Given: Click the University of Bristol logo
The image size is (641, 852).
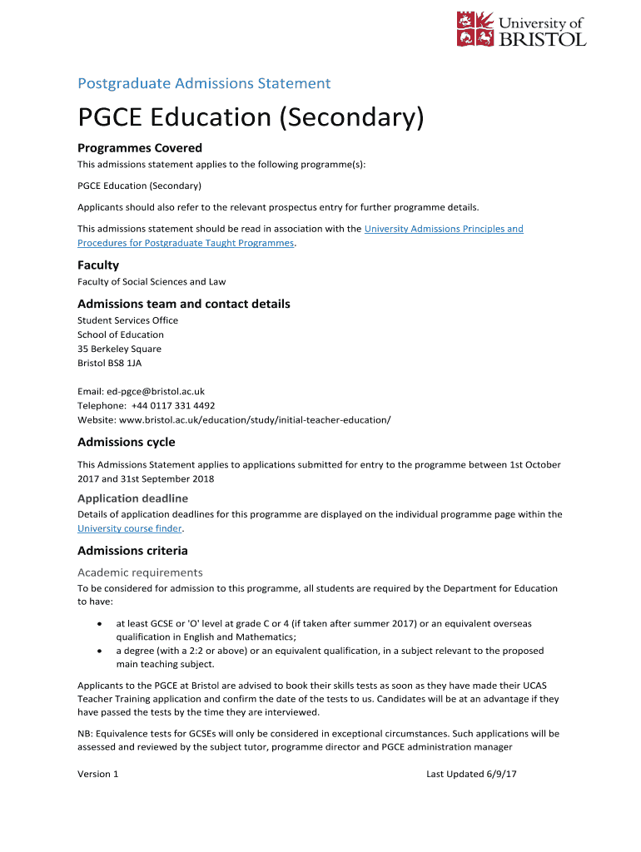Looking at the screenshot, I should coord(521,29).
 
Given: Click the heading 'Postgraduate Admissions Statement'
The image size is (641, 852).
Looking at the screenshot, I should coord(204,83).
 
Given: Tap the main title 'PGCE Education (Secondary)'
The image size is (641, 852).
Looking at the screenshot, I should coord(251,118).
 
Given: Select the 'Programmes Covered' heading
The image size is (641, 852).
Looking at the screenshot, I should coord(140,148).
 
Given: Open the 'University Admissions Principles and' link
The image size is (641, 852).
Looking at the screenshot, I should coord(444,229).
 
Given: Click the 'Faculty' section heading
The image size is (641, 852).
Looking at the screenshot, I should coord(98,265).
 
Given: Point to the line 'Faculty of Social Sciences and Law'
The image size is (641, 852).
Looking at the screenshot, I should coord(152,282).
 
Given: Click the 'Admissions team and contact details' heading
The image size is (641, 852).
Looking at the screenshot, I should coord(184,305).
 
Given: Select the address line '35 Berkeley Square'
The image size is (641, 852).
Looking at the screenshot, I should coord(119,349).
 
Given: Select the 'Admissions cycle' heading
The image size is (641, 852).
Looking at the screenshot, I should coord(127,443).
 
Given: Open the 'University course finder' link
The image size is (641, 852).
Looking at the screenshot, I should coord(129,529).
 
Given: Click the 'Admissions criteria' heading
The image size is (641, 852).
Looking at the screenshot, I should coord(132,551).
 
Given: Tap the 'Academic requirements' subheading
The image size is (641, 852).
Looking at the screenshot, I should coord(140,572).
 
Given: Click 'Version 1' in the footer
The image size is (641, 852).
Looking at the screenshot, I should coord(98,775).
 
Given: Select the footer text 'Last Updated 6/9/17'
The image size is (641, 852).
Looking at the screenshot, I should coord(471,775).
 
